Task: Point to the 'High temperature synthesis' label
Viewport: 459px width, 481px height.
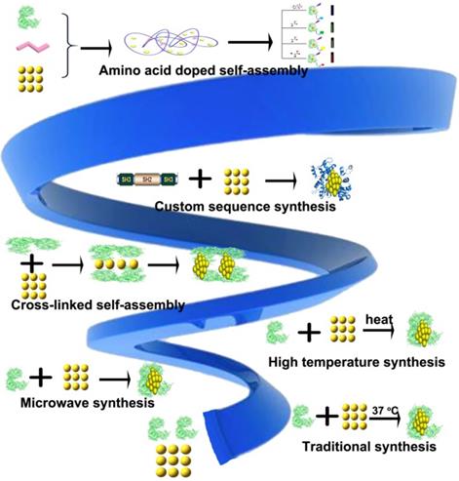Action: (x=353, y=363)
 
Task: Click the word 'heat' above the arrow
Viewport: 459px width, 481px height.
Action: (x=377, y=318)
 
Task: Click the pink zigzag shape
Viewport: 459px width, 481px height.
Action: (x=26, y=48)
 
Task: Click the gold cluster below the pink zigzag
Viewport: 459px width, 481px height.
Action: (x=27, y=83)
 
